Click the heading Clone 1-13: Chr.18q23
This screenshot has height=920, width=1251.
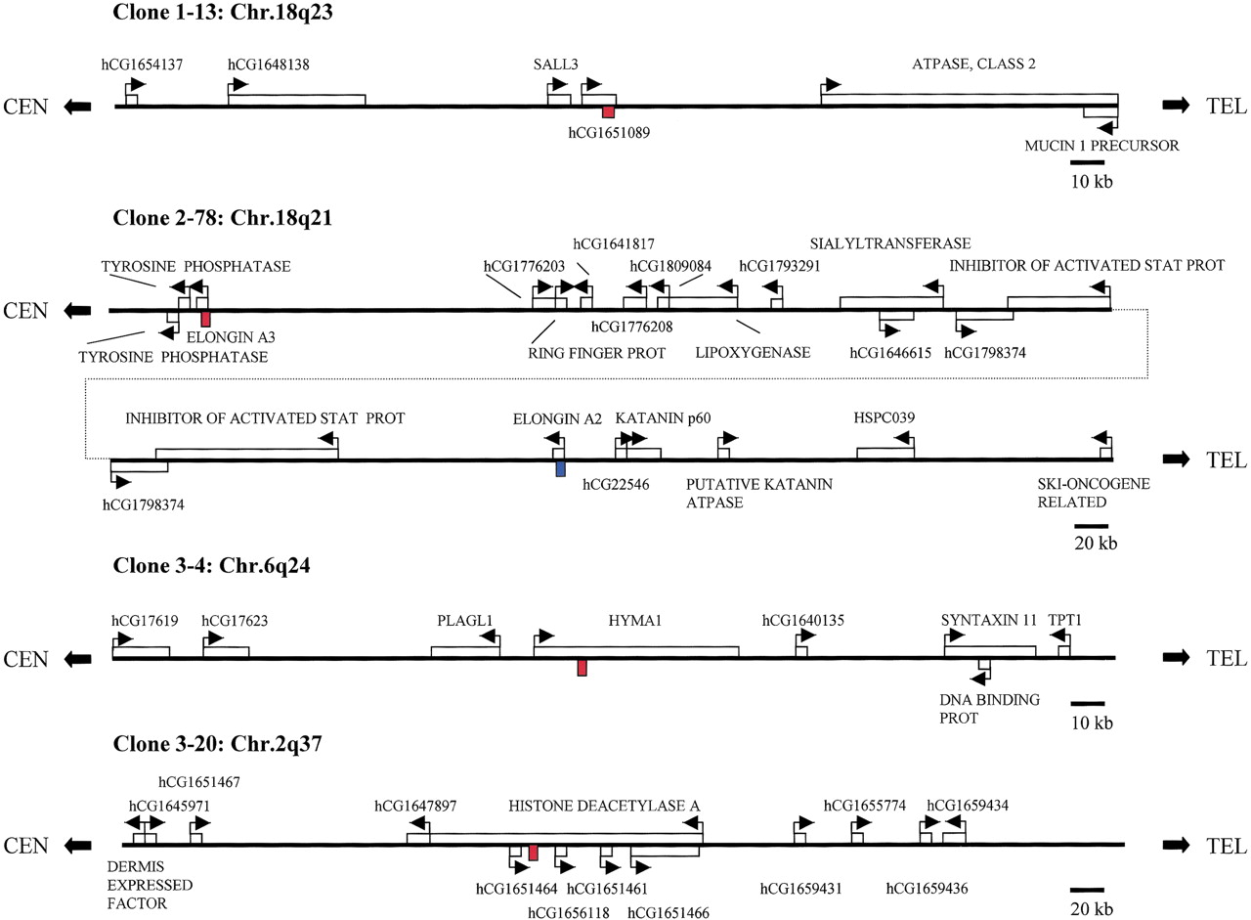[x=223, y=12]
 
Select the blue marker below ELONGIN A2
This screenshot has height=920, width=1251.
[x=561, y=468]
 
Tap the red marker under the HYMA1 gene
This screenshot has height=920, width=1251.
[x=582, y=668]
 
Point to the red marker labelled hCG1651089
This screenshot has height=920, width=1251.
[x=608, y=112]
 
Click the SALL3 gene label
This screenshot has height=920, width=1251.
[x=555, y=65]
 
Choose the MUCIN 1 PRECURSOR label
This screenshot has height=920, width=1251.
[x=1101, y=146]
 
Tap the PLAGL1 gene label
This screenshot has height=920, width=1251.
[x=464, y=621]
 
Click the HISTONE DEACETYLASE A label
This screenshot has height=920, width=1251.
[x=604, y=806]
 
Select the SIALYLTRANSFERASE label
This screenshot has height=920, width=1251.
[x=890, y=243]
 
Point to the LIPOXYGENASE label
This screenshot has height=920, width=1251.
[x=753, y=353]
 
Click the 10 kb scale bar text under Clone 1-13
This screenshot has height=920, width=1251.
[x=1092, y=182]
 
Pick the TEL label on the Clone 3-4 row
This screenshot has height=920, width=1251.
[x=1227, y=658]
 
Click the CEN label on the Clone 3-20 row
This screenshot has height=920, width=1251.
[x=25, y=846]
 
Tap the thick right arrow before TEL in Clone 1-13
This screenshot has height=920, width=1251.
[x=1176, y=105]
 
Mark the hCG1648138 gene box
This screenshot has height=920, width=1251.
[x=296, y=100]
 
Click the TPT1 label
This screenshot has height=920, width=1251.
[x=1065, y=620]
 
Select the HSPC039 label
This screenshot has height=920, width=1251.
[x=884, y=417]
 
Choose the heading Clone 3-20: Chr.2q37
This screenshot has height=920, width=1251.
[x=217, y=744]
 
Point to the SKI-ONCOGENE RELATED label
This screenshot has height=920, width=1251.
[x=1094, y=493]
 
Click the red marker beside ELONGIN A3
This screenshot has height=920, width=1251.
[x=205, y=319]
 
